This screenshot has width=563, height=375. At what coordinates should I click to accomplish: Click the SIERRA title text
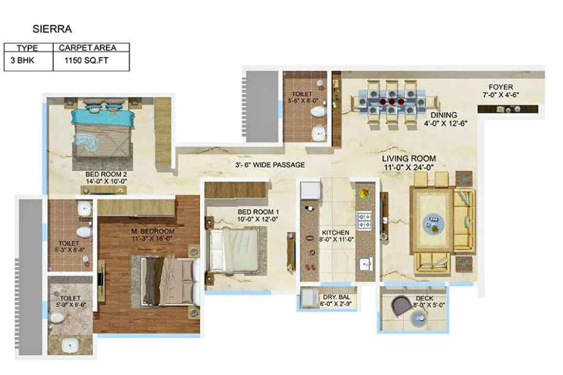point(52,29)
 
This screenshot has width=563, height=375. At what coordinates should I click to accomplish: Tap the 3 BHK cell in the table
point(22,61)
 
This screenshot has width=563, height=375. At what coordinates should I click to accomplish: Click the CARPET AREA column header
point(88,48)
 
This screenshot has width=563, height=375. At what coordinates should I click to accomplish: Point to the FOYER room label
point(501,87)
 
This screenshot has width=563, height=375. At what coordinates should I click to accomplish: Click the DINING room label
point(444,115)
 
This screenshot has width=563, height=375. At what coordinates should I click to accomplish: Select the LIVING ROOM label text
point(409,158)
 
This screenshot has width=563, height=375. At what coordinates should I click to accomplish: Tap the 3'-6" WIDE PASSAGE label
point(270,165)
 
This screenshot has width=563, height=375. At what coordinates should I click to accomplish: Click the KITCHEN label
point(336,232)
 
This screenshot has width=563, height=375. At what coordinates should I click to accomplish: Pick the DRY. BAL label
point(337,297)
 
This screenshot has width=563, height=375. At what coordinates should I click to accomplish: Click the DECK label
point(425,298)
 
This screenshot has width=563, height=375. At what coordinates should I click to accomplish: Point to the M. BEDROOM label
point(153,231)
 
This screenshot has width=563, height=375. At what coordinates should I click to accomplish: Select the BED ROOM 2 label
point(106,174)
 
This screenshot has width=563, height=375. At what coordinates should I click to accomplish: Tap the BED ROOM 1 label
point(258,212)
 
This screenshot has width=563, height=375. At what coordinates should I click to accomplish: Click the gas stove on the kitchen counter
point(364,221)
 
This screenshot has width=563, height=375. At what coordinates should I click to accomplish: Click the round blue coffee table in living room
point(433,224)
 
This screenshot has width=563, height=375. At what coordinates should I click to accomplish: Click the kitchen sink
point(365,264)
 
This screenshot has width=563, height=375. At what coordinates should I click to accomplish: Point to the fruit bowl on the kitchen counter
point(364,194)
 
